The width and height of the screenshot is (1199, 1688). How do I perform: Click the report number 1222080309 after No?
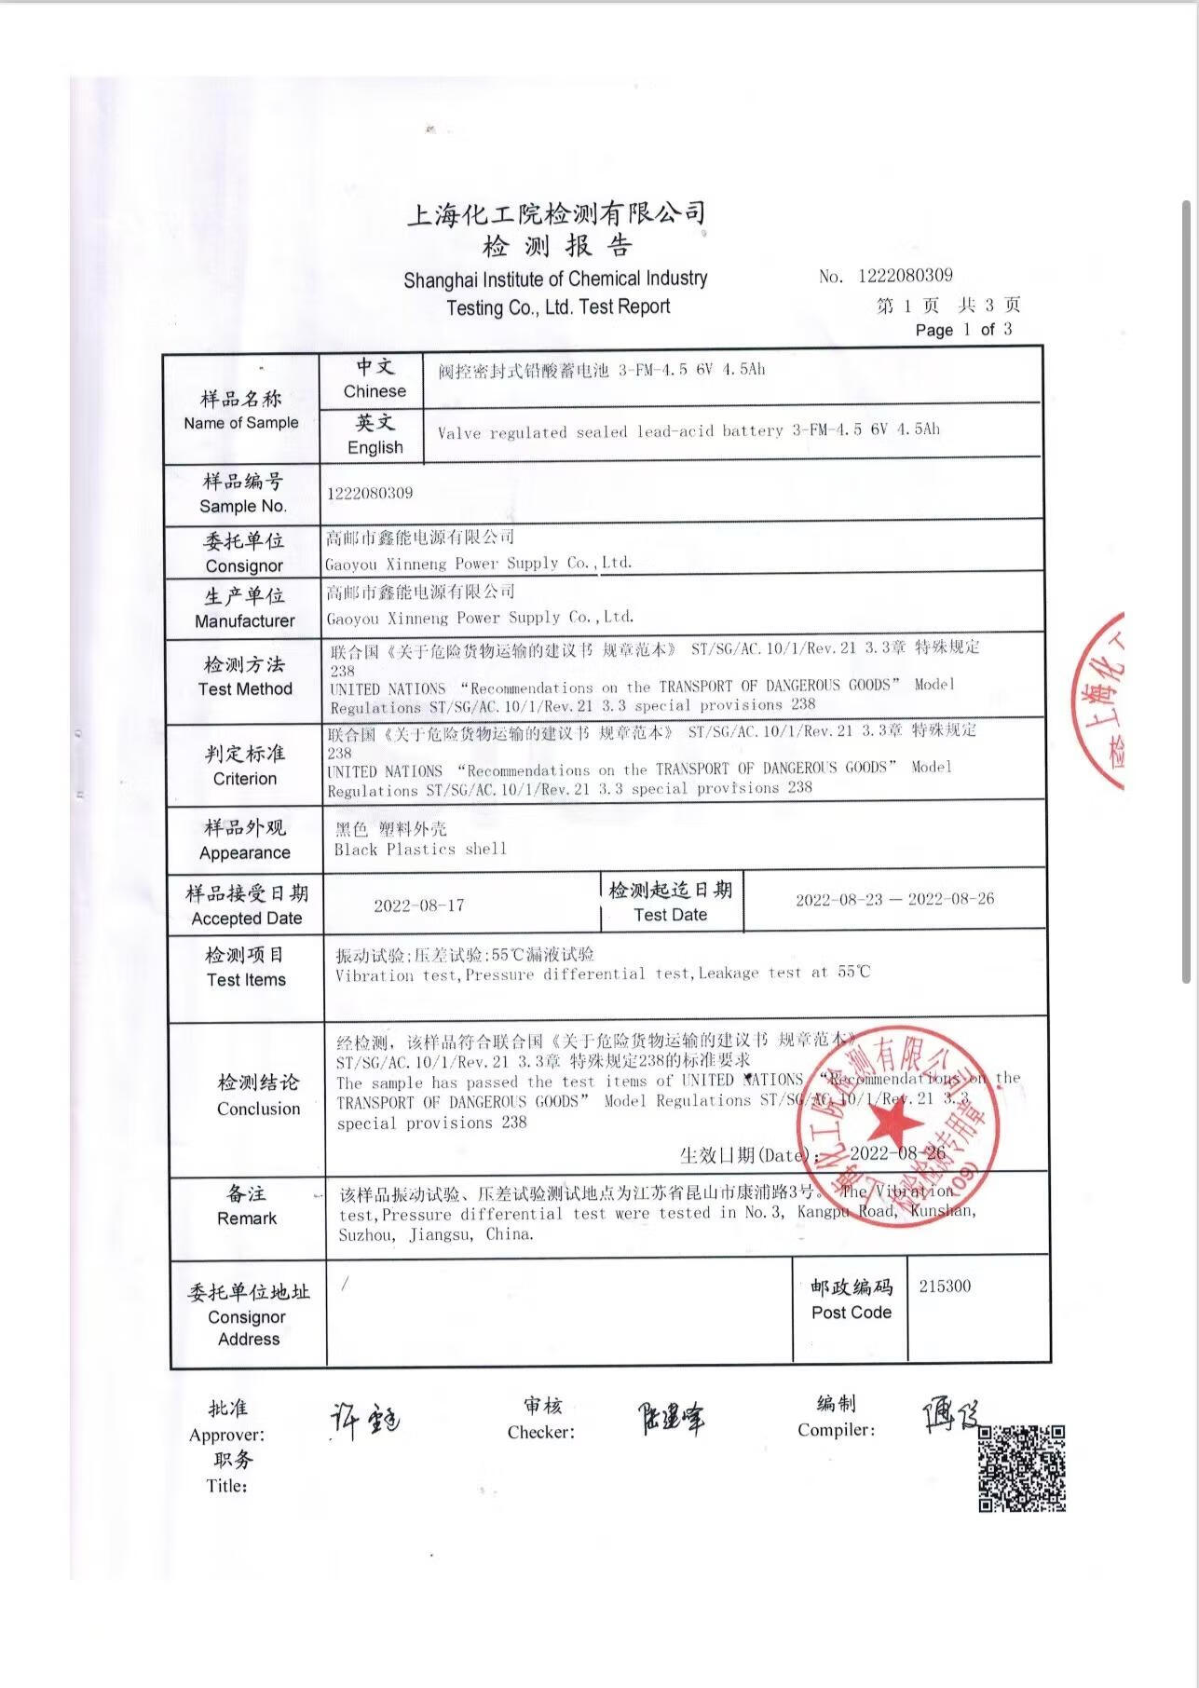[905, 276]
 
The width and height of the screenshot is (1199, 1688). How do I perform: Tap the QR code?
[1021, 1468]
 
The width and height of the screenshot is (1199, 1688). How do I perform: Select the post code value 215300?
[945, 1286]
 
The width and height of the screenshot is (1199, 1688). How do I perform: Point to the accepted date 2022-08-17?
[419, 905]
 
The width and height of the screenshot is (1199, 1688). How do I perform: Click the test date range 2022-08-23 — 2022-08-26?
[894, 900]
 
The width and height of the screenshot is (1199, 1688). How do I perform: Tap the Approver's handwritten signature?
[364, 1422]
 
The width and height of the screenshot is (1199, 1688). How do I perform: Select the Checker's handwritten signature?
[671, 1419]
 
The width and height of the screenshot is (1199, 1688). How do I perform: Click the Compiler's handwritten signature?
[949, 1414]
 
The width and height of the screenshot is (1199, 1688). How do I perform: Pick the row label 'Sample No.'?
[243, 506]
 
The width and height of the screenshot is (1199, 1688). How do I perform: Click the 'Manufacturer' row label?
[244, 620]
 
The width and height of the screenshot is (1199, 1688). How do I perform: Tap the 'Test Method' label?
[245, 689]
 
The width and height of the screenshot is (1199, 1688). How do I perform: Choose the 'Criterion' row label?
[245, 779]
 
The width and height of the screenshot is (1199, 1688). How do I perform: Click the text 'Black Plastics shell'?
[420, 850]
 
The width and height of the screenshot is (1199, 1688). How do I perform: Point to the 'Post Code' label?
[852, 1313]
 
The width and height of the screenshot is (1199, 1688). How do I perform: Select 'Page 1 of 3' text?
[963, 330]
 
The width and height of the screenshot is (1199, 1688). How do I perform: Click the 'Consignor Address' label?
[248, 1327]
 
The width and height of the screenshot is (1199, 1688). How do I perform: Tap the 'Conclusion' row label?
[259, 1109]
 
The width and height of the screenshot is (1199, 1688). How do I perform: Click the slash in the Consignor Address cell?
[345, 1285]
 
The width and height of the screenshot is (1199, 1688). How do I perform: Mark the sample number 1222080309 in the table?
[370, 493]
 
